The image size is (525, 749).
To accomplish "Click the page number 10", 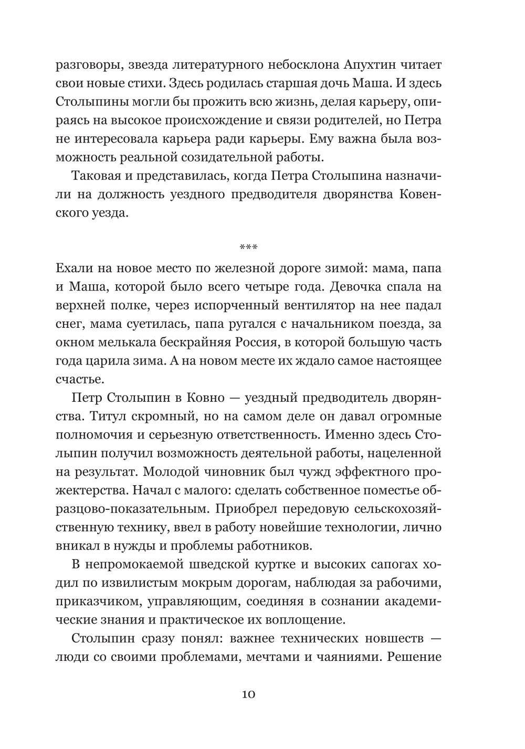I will click(248, 694).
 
